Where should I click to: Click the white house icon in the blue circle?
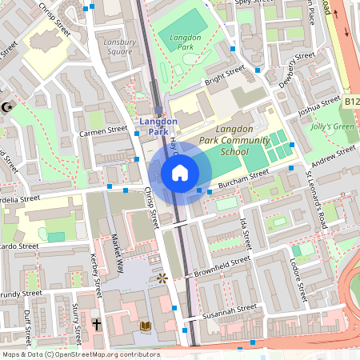pyautogui.click(x=180, y=172)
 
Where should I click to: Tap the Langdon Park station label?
pyautogui.click(x=157, y=126)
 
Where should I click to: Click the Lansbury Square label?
pyautogui.click(x=118, y=46)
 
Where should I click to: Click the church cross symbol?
pyautogui.click(x=96, y=326)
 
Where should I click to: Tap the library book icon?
pyautogui.click(x=146, y=326)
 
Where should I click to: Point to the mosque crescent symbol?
pyautogui.click(x=7, y=106)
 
